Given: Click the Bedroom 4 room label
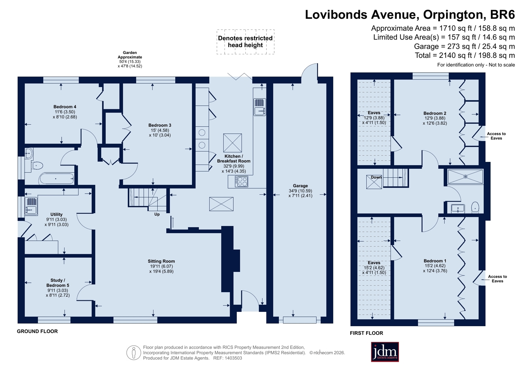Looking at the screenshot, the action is [x=65, y=107].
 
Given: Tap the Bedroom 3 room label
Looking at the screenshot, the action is [x=160, y=125].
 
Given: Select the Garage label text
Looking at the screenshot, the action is [x=301, y=186].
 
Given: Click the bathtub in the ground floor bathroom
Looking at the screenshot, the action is [x=57, y=179].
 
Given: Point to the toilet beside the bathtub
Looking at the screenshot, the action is [x=37, y=166].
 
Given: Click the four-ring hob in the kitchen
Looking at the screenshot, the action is [x=242, y=182].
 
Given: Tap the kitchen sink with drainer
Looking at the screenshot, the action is [x=260, y=107].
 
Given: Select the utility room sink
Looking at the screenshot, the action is [x=31, y=206].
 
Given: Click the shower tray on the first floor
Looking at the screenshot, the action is [x=465, y=177].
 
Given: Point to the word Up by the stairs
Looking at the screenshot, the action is [x=157, y=214].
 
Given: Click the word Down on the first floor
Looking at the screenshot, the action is [x=376, y=177].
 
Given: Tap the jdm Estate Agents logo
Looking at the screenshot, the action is [x=385, y=352].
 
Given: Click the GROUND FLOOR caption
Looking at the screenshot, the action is [x=37, y=331].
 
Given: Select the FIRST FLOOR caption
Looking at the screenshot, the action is [x=366, y=333].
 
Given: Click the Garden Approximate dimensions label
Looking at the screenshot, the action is [x=130, y=59].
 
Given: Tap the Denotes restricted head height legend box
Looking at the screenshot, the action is [x=245, y=42].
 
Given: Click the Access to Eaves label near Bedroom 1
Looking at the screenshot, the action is [x=497, y=279].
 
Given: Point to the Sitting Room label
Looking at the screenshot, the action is [x=161, y=261].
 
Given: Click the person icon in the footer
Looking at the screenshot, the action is [x=134, y=353].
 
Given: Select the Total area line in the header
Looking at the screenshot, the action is [x=465, y=55].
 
